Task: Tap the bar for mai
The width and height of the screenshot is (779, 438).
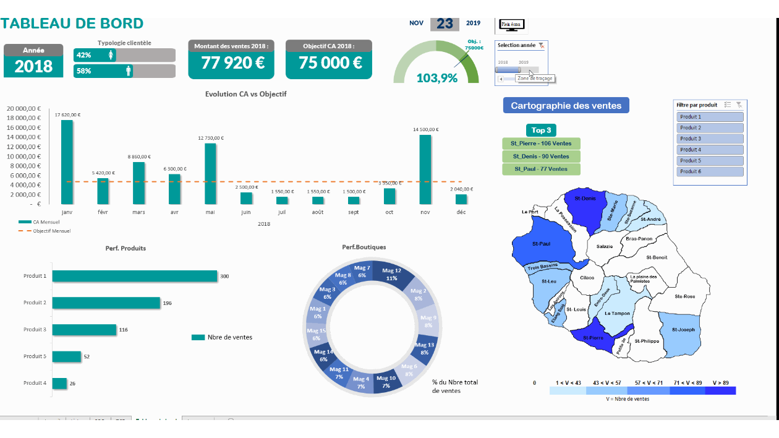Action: tap(210, 174)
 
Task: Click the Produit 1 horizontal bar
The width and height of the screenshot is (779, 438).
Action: tap(135, 276)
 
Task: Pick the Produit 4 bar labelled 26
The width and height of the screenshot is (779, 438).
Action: tap(59, 384)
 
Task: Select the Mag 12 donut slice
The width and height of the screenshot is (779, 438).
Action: tap(391, 275)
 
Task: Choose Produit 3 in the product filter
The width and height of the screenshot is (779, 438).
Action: tap(710, 139)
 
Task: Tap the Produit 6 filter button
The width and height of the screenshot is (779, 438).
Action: tap(710, 171)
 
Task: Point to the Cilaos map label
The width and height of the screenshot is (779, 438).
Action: tap(587, 278)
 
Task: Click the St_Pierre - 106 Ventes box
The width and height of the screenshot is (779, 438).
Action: tap(541, 144)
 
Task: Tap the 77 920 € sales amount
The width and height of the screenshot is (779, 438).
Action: tap(231, 63)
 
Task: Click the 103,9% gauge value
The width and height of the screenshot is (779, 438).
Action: tap(436, 78)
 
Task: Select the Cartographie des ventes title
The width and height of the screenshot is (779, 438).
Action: tap(566, 106)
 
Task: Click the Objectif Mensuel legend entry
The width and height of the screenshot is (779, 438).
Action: tap(51, 231)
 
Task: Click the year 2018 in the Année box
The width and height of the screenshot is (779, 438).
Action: tap(33, 67)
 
